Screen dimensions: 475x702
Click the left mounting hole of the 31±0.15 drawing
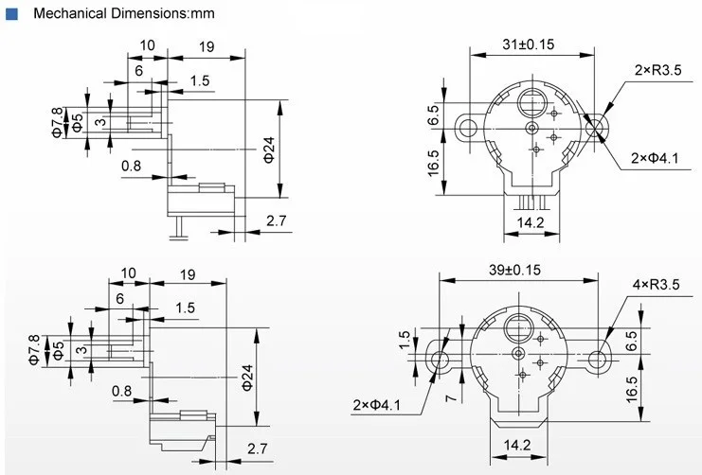(464, 126)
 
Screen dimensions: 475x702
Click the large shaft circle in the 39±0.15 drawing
(520, 327)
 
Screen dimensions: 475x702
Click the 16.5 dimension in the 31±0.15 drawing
(433, 162)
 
